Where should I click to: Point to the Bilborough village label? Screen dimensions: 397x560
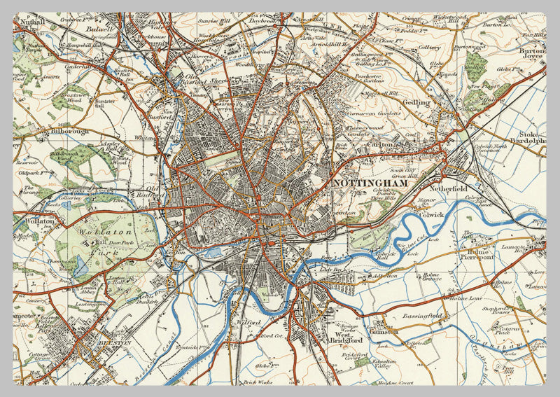67,131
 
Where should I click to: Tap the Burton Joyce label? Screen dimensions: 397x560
532,55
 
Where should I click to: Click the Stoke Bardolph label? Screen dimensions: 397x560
532,137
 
